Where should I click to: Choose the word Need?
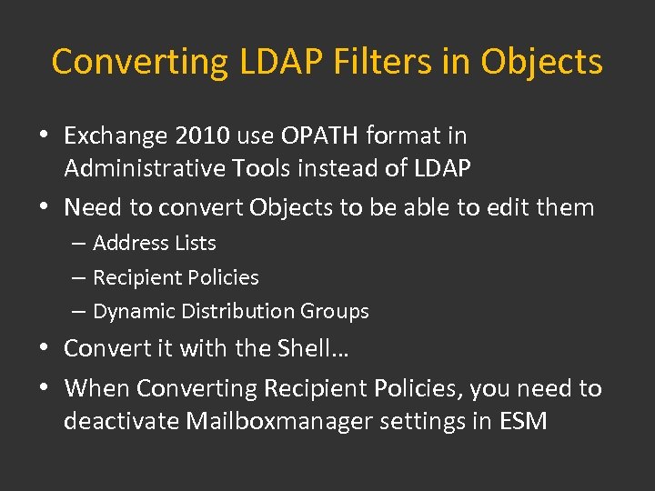94,207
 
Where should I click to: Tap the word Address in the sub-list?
128,243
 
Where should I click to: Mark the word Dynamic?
134,311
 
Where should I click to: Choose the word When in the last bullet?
97,388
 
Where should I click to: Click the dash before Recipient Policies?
79,277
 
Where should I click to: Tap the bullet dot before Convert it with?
45,348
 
